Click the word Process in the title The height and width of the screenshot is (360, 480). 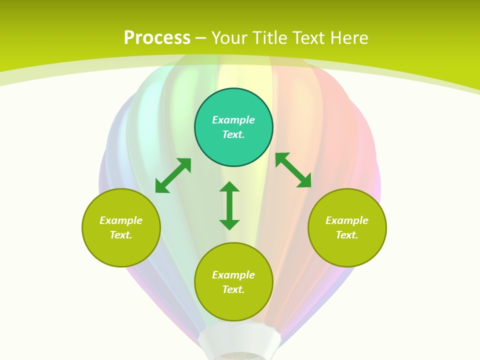[157, 38]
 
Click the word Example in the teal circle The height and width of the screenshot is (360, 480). [233, 120]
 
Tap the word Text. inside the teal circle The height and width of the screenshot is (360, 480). [233, 134]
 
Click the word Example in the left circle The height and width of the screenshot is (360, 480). [121, 220]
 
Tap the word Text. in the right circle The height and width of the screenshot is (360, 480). [347, 235]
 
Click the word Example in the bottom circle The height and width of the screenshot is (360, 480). [233, 275]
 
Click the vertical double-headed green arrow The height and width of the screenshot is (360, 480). [229, 206]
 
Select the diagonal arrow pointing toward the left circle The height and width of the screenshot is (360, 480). [173, 175]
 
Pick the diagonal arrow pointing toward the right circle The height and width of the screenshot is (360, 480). [293, 170]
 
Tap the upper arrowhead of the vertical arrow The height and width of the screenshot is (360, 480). [229, 187]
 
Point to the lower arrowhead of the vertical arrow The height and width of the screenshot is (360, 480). [229, 224]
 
